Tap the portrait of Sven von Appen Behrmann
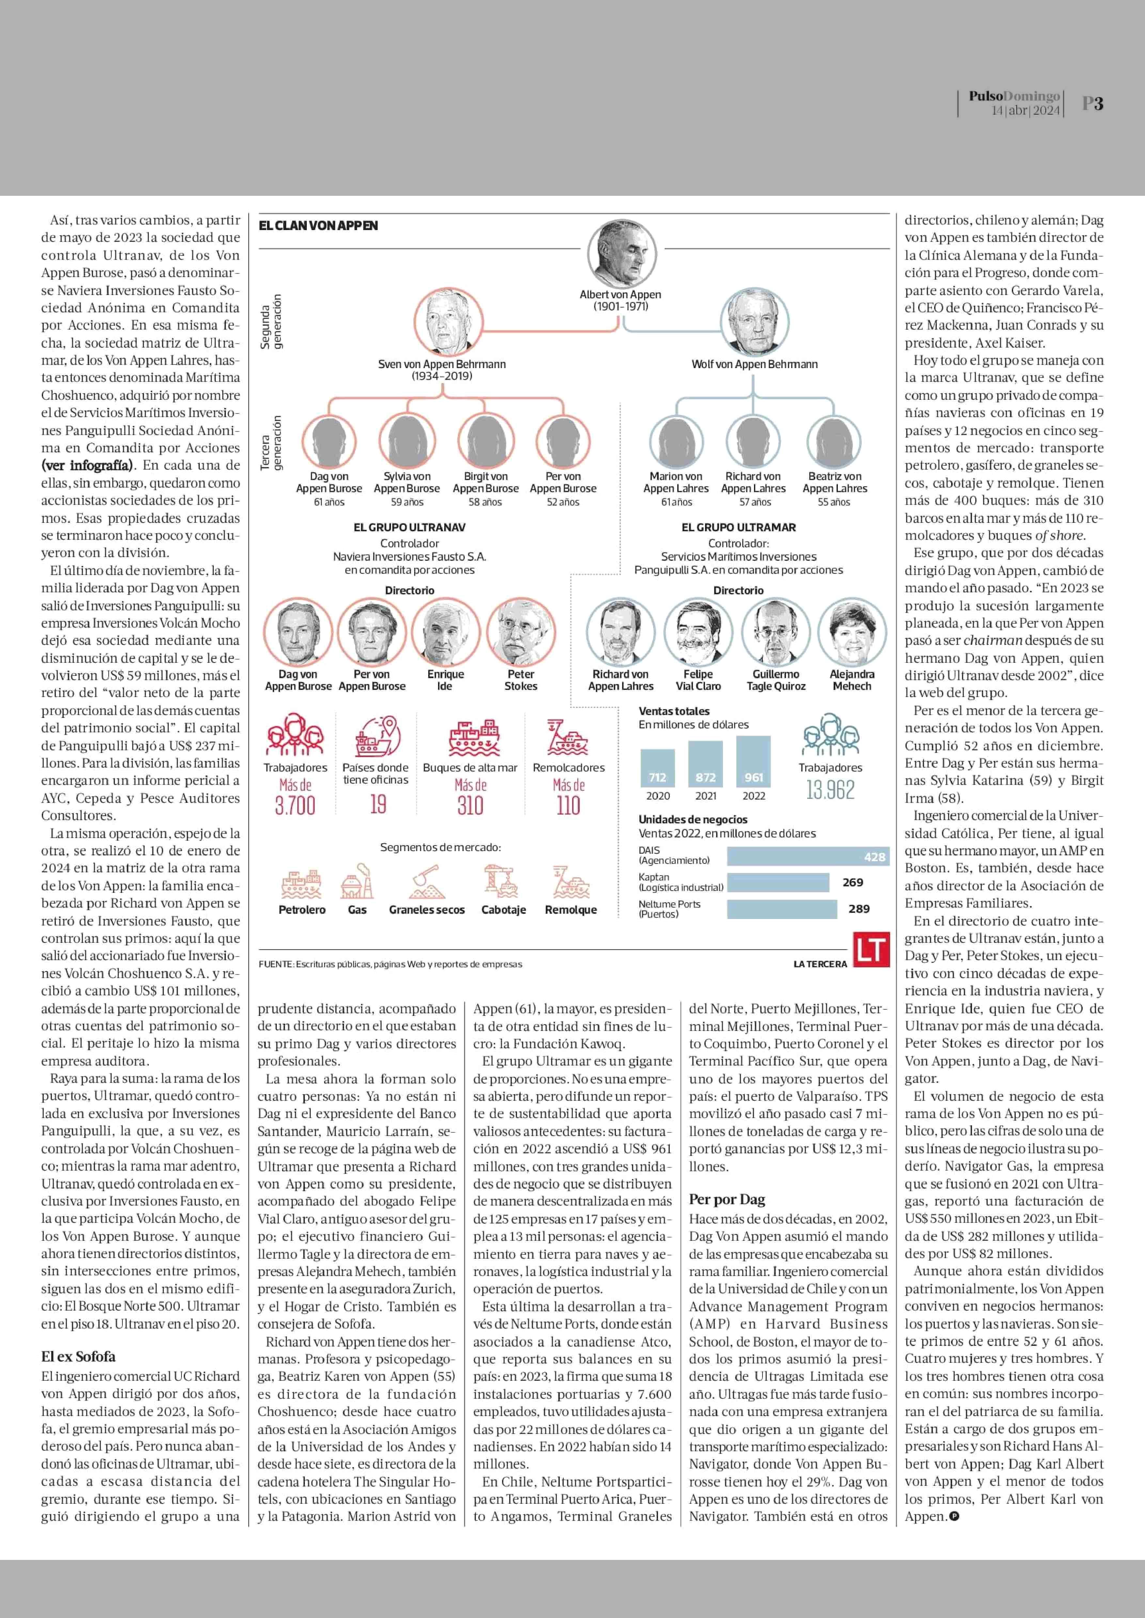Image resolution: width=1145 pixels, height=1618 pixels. tap(448, 322)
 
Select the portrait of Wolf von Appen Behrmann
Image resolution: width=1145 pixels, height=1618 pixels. tap(754, 322)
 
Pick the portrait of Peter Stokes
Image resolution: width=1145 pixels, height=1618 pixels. tap(521, 632)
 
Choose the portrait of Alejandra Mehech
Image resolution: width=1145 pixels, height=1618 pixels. tap(853, 632)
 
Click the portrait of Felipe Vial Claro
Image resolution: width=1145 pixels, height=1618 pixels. tap(698, 632)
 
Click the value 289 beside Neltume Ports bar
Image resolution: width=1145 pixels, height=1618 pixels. tap(859, 909)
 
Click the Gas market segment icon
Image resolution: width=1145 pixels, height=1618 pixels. tap(357, 881)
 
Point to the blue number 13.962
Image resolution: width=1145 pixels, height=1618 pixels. tap(831, 790)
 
